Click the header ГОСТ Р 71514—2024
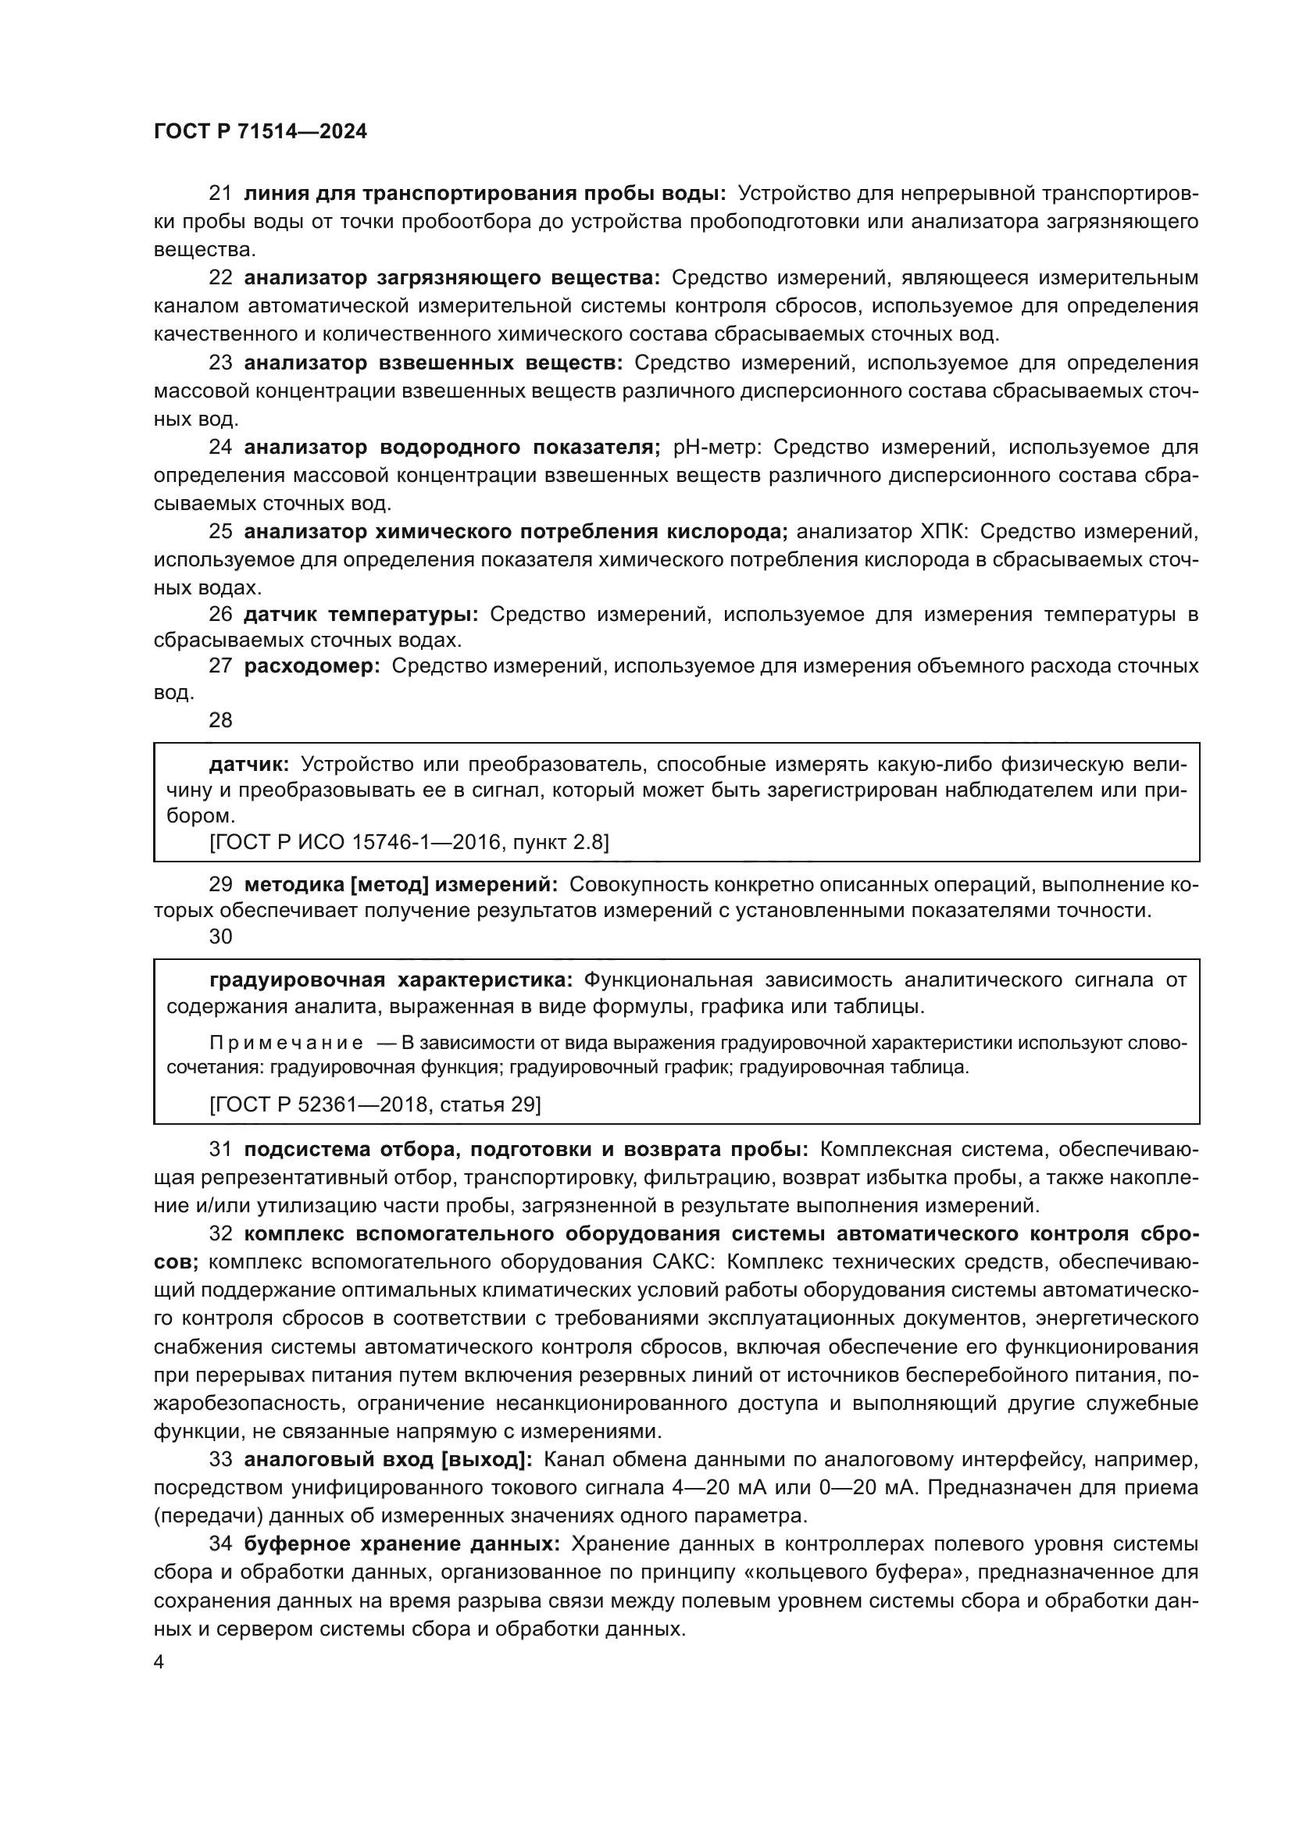260,132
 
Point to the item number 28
220,720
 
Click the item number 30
220,937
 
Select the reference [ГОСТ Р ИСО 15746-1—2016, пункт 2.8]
409,842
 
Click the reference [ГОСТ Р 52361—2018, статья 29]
375,1104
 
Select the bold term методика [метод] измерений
402,884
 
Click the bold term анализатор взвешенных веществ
434,363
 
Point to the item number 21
220,194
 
